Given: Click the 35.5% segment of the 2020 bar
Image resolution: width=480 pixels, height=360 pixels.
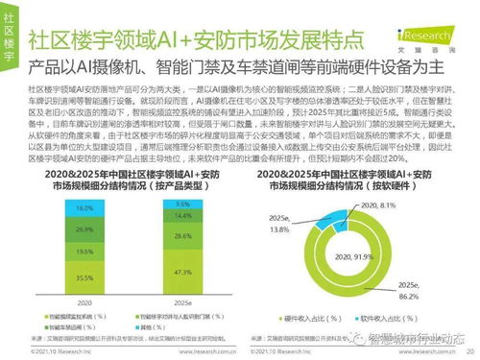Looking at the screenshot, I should (x=84, y=276).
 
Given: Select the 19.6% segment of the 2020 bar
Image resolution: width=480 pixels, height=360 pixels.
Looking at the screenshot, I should (x=84, y=251).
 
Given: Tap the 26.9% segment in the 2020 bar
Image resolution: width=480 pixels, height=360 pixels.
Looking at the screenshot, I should (x=84, y=230).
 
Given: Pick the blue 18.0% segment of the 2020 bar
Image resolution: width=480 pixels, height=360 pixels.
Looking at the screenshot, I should (x=84, y=208).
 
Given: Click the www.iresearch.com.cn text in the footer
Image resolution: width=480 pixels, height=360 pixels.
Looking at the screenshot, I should (x=236, y=352).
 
